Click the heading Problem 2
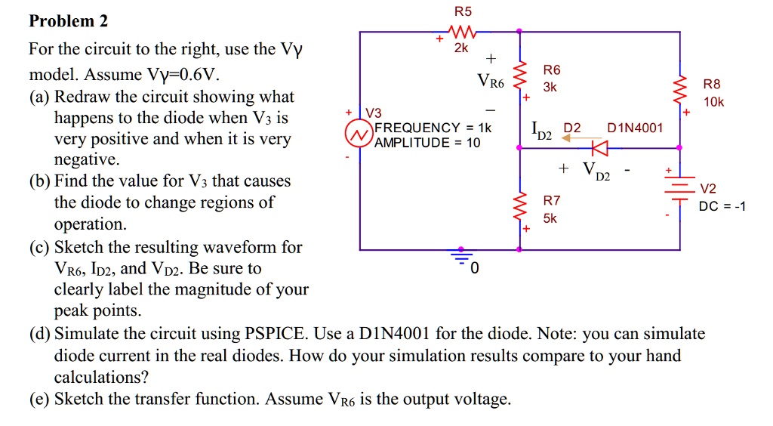tap(68, 21)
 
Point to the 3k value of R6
tap(550, 87)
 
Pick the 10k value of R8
tap(713, 102)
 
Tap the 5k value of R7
tap(550, 218)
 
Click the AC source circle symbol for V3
tap(356, 134)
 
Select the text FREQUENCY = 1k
tap(433, 128)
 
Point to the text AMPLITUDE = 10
tap(427, 142)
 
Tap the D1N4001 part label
tap(635, 128)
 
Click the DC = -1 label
tap(722, 206)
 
